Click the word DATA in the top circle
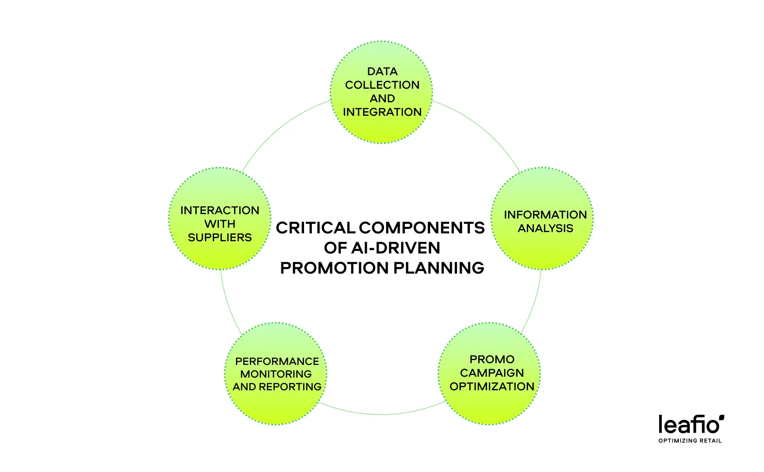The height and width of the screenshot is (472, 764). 382,71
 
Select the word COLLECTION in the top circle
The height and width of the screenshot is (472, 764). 382,85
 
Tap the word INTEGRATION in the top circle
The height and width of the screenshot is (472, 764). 382,112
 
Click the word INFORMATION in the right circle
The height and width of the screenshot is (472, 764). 545,215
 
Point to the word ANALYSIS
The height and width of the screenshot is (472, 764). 545,228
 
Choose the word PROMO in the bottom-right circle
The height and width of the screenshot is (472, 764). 492,359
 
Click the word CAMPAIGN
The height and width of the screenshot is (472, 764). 492,373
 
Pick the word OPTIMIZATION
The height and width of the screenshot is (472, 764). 492,386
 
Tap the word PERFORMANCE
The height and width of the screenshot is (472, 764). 277,361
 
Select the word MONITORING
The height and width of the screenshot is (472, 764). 276,374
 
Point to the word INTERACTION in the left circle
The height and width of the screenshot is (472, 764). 220,210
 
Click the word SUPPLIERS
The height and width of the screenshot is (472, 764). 220,237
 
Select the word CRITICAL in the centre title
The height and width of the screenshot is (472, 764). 315,228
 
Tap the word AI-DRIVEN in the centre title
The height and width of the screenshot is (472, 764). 396,248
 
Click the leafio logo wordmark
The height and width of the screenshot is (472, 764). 691,424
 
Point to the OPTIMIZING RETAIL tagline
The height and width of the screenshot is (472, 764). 690,441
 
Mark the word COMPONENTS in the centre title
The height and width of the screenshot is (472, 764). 422,228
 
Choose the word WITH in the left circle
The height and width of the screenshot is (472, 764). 220,224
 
